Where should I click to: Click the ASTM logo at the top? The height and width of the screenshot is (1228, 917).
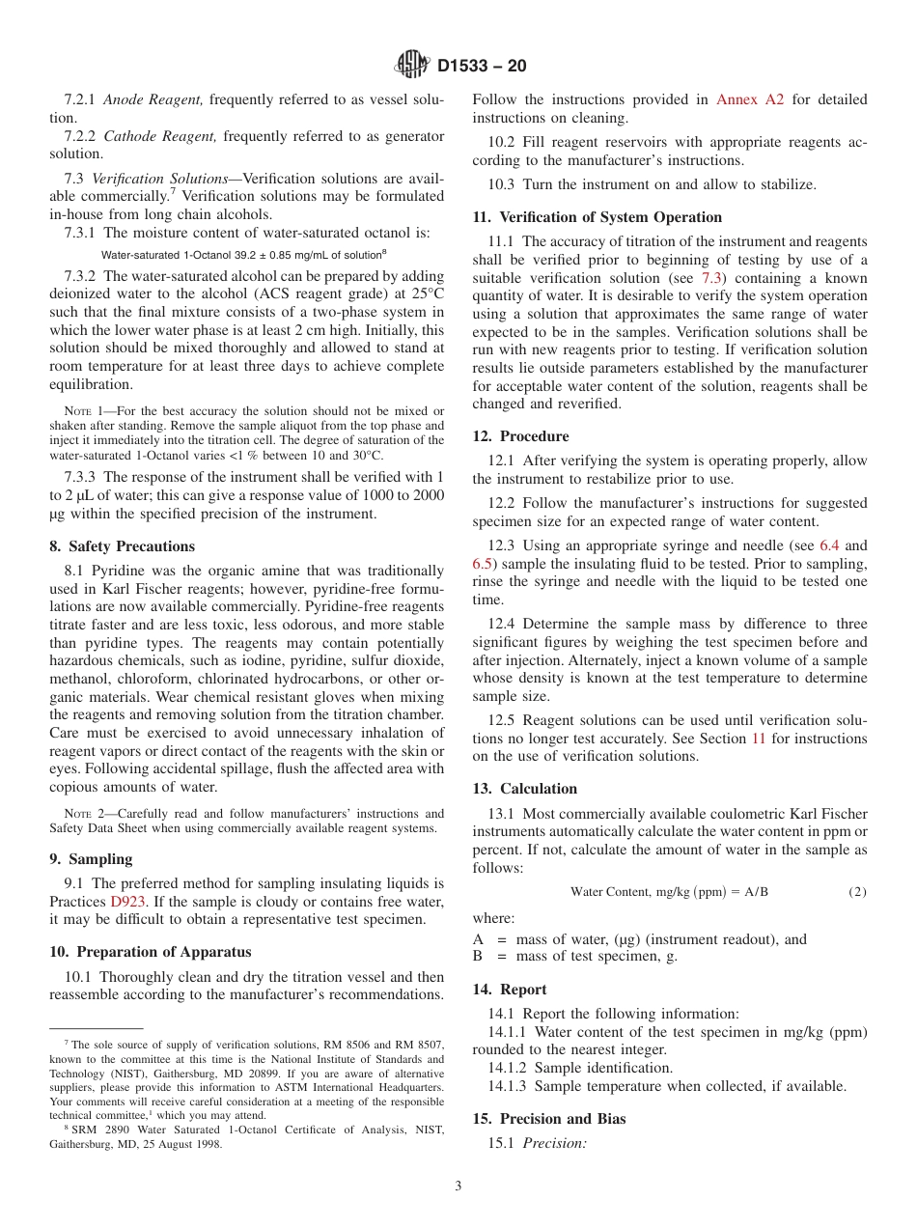[412, 66]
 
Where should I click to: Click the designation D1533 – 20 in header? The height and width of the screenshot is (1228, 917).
[482, 67]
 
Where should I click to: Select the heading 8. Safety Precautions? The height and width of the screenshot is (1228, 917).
[122, 546]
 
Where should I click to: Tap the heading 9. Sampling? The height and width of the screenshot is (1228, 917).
[91, 859]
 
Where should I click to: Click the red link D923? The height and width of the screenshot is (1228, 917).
[127, 902]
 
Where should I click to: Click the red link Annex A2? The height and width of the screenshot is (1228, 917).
[749, 99]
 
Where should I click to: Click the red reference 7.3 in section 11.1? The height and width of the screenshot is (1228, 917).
[712, 278]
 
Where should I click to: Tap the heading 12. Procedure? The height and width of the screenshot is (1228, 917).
[520, 436]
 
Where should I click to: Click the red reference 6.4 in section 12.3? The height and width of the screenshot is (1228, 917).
[829, 545]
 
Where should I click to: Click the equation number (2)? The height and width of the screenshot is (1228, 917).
[857, 892]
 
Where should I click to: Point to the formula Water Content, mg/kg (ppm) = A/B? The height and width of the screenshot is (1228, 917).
[669, 892]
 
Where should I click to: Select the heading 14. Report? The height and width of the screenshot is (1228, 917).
[509, 990]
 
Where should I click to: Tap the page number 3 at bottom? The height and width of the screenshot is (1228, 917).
[458, 1186]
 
